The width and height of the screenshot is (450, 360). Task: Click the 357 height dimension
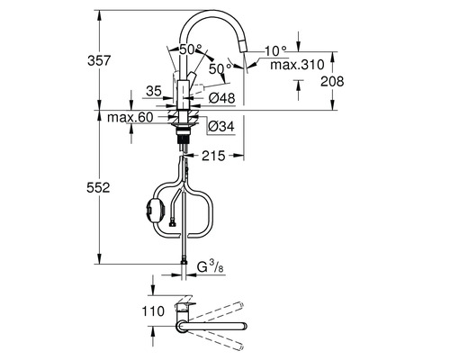[99, 61]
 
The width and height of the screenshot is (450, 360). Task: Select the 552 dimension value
[98, 188]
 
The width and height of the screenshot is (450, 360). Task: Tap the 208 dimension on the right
[332, 81]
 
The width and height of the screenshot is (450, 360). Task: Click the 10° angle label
[276, 50]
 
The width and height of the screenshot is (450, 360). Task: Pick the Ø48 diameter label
[222, 98]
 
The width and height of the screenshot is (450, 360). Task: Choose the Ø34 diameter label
[221, 127]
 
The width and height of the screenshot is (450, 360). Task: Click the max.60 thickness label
[130, 117]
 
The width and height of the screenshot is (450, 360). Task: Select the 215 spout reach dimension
[213, 156]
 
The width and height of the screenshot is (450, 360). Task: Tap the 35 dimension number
[154, 91]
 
